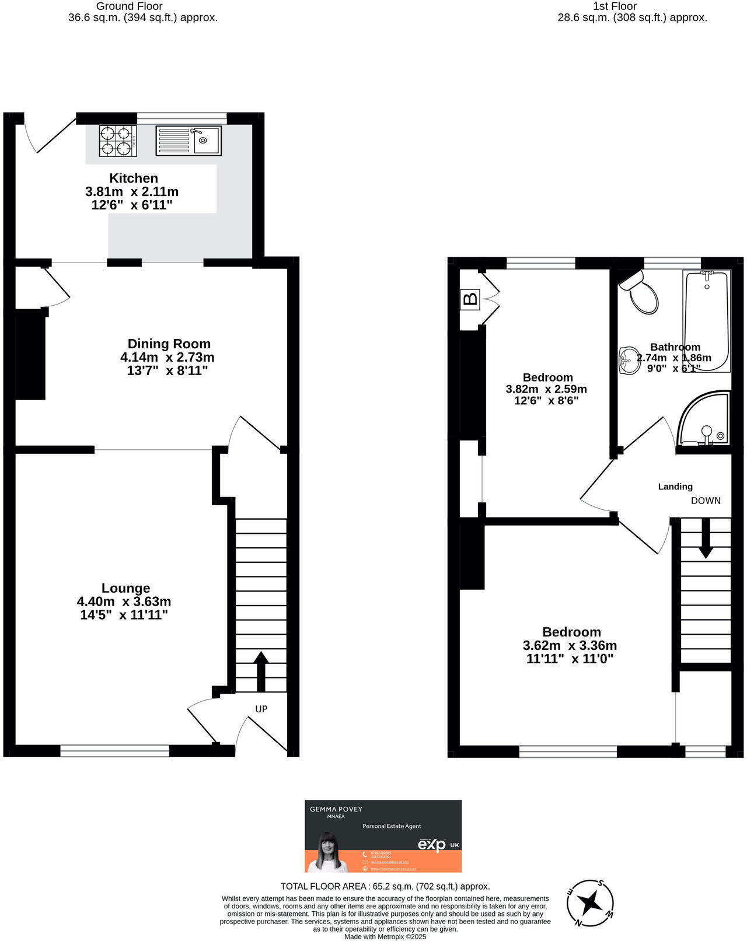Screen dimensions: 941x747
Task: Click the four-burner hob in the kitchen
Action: (118, 141)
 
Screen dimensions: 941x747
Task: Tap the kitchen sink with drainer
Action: (189, 141)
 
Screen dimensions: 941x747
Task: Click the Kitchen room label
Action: (134, 179)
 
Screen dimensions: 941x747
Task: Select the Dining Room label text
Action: (169, 344)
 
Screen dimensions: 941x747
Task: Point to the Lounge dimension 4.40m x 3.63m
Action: (124, 601)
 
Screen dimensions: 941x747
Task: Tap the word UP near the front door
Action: (261, 709)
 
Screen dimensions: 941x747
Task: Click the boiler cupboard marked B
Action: (470, 300)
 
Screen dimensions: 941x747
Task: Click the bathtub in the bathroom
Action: (706, 321)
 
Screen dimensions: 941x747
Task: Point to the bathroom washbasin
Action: (629, 360)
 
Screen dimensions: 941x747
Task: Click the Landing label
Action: (675, 487)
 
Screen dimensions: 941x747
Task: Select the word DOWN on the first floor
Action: (706, 501)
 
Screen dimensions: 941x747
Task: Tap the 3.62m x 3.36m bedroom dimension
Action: (570, 646)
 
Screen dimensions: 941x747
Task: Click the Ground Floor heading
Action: (129, 6)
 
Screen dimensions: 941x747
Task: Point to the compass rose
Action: (590, 902)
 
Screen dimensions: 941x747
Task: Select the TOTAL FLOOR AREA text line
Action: (385, 886)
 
